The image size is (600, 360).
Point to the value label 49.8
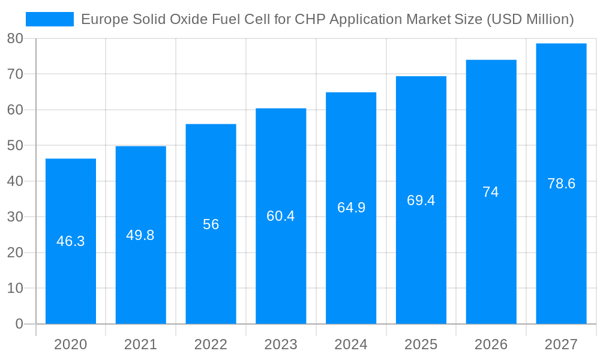(x=140, y=235)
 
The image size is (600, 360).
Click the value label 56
(x=211, y=224)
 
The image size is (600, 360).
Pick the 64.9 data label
(x=351, y=208)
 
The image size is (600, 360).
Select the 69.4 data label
(x=421, y=200)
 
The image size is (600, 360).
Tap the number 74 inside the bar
(x=491, y=192)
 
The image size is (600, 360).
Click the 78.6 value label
(x=561, y=184)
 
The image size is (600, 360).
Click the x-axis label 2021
(x=140, y=344)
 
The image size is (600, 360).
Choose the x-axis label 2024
(x=351, y=344)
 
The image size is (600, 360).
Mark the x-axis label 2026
(x=491, y=344)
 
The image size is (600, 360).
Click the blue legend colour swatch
(x=50, y=19)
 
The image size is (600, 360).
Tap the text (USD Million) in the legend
(x=530, y=19)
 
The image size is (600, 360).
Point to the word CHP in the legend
(x=310, y=19)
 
